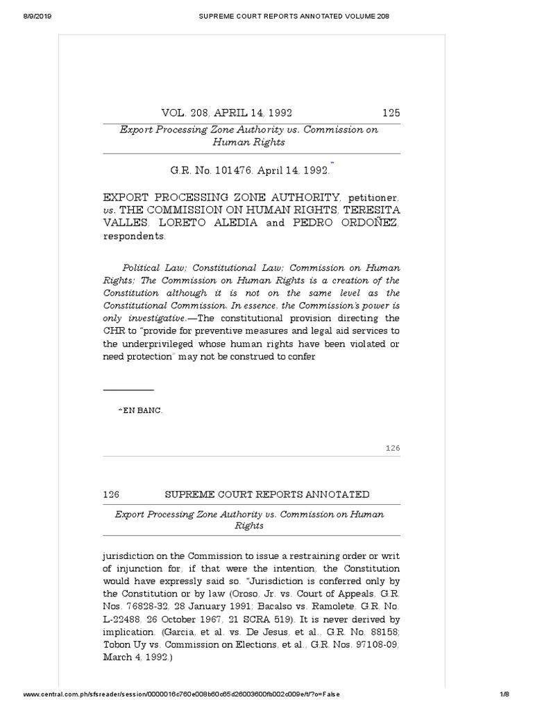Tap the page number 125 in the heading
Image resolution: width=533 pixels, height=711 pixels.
pos(391,112)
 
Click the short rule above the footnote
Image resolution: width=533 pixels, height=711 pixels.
pos(128,390)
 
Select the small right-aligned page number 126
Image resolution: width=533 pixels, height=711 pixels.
pos(393,449)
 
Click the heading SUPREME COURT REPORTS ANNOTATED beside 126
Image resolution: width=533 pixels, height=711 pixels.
pos(266,494)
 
